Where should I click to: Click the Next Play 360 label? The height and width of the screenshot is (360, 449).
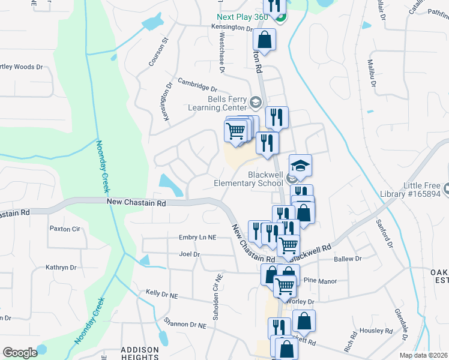click(243, 17)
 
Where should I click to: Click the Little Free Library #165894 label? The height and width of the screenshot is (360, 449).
click(414, 190)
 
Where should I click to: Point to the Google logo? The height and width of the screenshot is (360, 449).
click(20, 352)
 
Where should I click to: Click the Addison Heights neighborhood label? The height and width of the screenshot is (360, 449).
click(140, 353)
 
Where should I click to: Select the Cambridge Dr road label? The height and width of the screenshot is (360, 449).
click(197, 85)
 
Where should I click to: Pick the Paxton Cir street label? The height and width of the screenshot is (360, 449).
click(65, 229)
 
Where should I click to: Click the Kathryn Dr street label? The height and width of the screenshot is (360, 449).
click(61, 268)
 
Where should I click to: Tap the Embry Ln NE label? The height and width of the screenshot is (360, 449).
click(197, 238)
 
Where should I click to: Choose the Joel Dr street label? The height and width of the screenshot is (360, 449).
click(189, 254)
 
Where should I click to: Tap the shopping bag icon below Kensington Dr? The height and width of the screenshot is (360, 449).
click(264, 40)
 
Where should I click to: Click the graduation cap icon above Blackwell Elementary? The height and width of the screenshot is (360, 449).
click(301, 164)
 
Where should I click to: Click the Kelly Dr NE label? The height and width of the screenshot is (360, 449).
click(162, 293)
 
